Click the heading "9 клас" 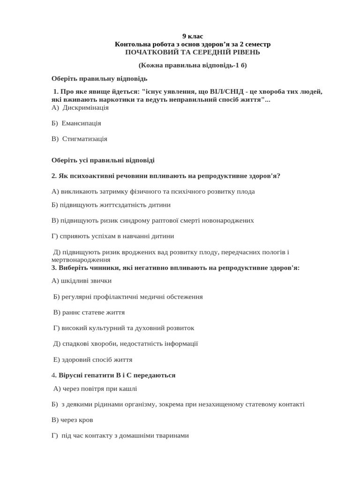[x=193, y=36]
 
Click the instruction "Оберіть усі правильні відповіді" [x=103, y=160]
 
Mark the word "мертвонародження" [x=81, y=259]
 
